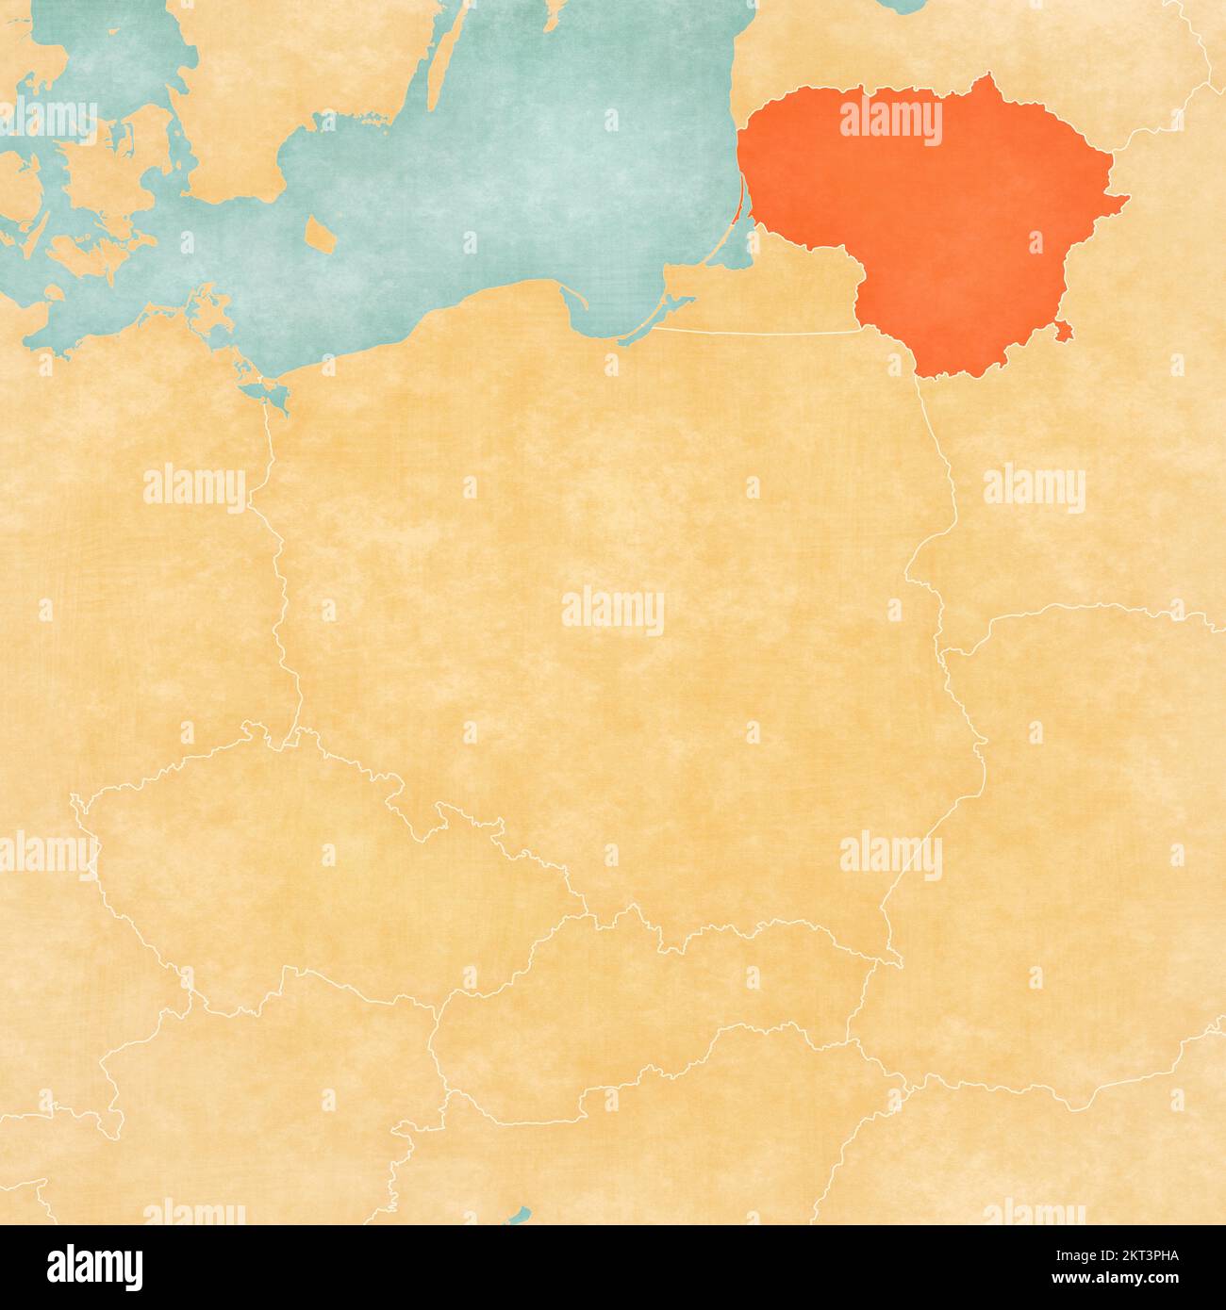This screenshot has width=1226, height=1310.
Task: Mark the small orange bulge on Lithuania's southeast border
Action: (x=1063, y=329)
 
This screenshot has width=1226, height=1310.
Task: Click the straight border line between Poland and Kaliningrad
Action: (x=754, y=332)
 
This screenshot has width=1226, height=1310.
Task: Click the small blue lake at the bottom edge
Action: (x=519, y=1216)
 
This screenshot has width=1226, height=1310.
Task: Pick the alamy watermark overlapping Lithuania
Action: (x=890, y=122)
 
